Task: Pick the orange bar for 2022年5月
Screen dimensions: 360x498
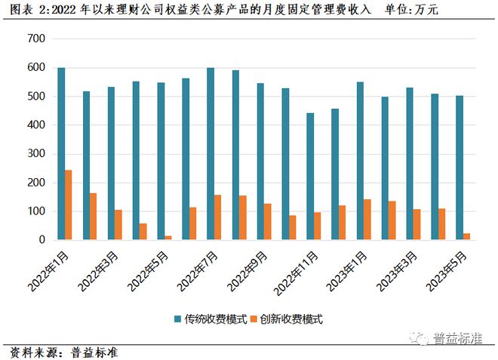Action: [x=168, y=238]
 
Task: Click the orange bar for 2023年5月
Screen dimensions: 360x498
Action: [x=467, y=237]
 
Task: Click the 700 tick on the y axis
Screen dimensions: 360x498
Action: [x=36, y=39]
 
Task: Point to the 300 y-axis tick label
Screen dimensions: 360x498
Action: [x=36, y=154]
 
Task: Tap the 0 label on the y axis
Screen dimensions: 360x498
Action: [x=42, y=240]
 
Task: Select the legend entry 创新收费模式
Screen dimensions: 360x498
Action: [x=291, y=319]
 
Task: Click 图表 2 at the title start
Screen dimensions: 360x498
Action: [x=23, y=11]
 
